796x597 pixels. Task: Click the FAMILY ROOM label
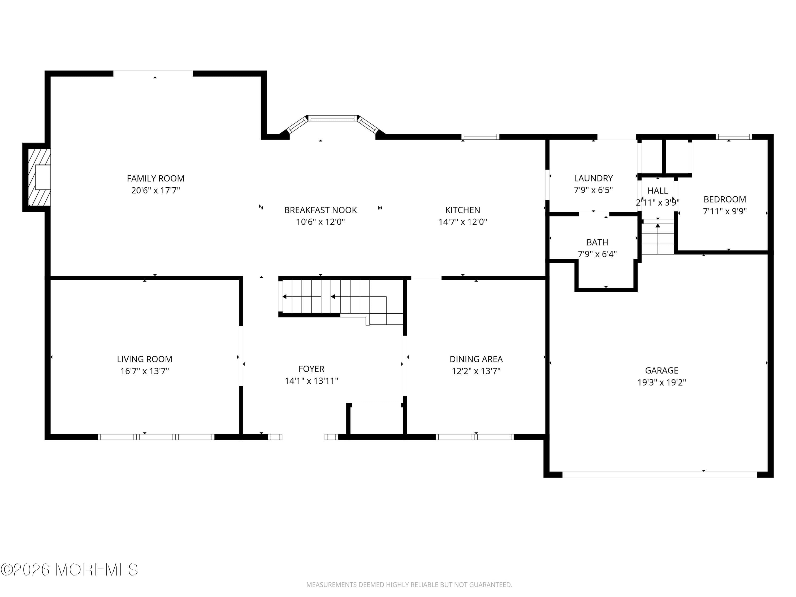[x=155, y=179]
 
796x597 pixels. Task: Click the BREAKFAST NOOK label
[x=320, y=210]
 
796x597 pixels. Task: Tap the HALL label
[x=657, y=191]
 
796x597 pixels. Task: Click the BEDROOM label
[x=724, y=199]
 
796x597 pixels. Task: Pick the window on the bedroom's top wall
[x=733, y=137]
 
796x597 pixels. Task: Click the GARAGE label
[x=661, y=370]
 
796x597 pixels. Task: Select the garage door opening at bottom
[x=659, y=475]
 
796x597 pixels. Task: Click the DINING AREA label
[x=476, y=359]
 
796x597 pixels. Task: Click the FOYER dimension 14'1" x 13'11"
[x=311, y=381]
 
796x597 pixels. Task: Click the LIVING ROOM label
[x=144, y=359]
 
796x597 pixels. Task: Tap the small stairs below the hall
[x=657, y=239]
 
